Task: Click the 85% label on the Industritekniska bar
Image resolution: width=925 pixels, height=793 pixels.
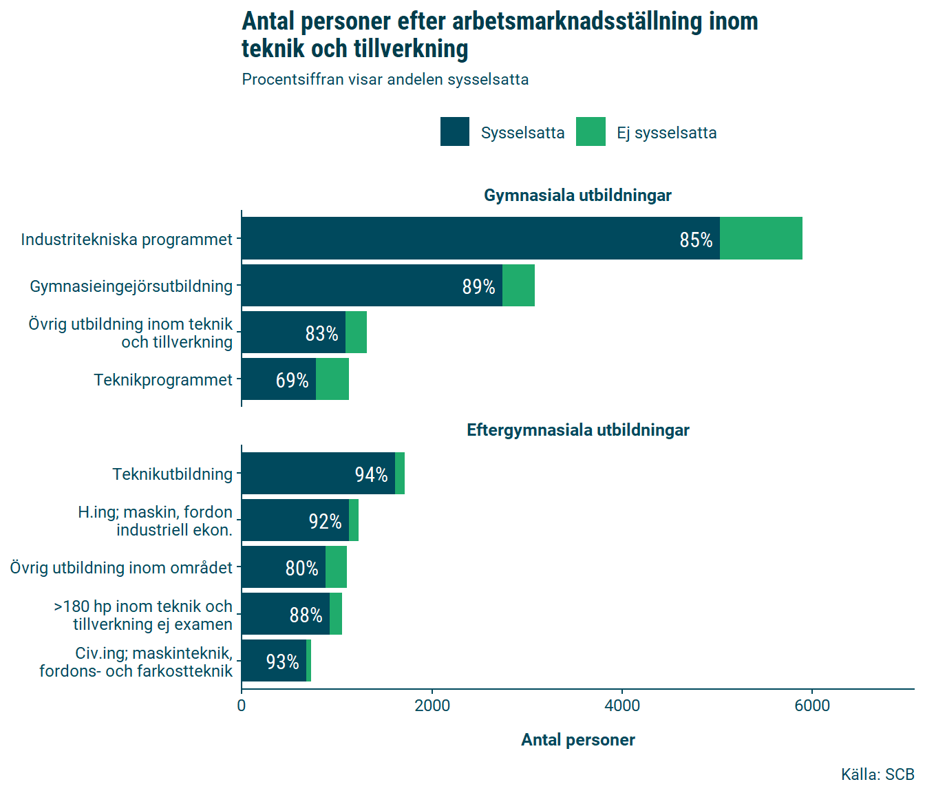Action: pos(696,240)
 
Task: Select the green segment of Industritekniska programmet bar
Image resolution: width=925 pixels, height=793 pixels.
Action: pos(761,238)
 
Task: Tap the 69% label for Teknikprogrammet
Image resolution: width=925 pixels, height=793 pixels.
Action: pos(292,380)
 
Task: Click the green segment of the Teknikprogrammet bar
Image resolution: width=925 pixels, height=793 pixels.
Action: pos(332,379)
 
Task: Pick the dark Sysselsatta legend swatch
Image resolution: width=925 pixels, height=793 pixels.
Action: pos(455,131)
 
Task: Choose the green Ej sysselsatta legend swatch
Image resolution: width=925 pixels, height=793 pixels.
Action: pos(591,131)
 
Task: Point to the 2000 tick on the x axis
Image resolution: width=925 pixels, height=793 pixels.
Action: pos(432,706)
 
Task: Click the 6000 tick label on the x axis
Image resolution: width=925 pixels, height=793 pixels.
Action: pos(812,706)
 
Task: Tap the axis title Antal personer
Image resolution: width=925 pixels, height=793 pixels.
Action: pos(577,740)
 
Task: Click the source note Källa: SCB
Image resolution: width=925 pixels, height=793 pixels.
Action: pos(877,774)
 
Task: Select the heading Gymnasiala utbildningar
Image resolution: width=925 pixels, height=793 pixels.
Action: pos(577,195)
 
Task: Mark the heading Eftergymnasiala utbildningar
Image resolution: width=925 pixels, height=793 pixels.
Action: pos(577,430)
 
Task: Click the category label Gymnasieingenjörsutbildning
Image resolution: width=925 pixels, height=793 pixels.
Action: pos(131,286)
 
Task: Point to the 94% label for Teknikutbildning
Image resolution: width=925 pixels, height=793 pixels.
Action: pos(371,474)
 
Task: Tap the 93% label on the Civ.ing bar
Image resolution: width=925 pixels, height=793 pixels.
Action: pos(282,662)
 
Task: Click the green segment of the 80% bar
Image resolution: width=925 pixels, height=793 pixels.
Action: pos(336,567)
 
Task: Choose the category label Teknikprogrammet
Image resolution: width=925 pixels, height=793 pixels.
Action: pos(163,380)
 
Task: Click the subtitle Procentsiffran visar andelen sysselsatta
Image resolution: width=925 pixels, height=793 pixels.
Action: pos(385,80)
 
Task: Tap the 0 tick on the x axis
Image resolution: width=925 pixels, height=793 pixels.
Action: pos(242,706)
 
